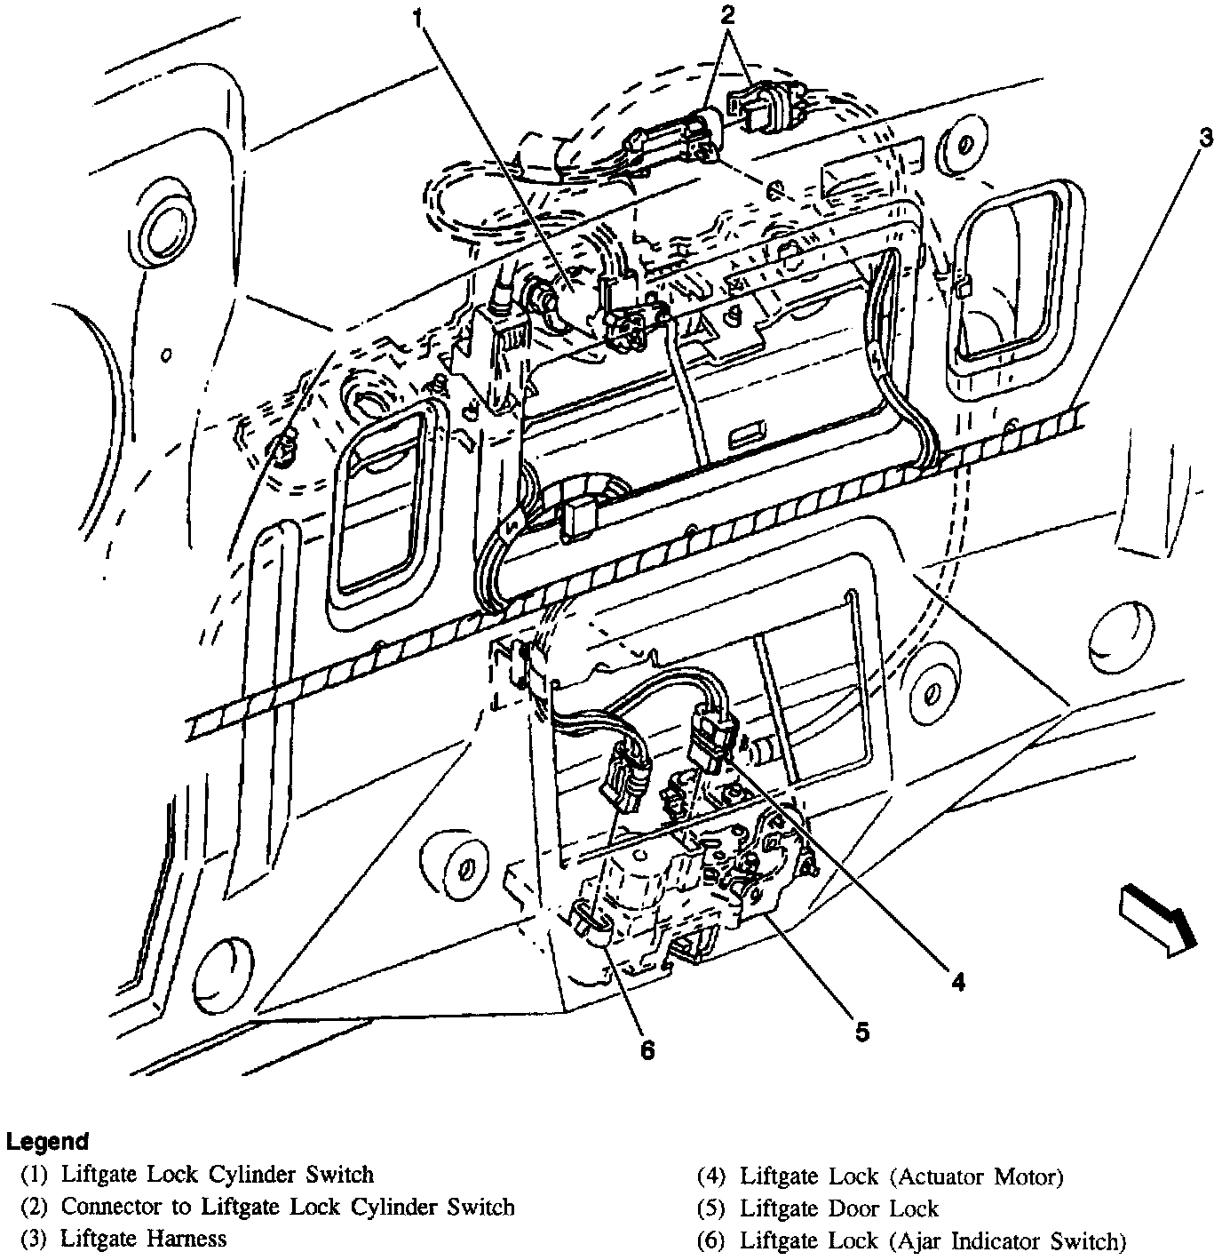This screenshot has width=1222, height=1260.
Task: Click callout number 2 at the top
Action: (x=728, y=15)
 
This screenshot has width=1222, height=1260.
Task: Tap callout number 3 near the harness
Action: (x=1204, y=138)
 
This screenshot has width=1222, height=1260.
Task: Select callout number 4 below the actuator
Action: (x=956, y=981)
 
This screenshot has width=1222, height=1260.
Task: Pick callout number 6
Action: (x=647, y=1050)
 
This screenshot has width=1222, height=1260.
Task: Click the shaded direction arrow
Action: (x=1157, y=918)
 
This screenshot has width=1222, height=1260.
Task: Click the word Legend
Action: (x=47, y=1142)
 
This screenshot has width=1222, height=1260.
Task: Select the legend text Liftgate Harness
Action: (x=143, y=1238)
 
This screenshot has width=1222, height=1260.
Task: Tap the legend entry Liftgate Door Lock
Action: (x=838, y=1208)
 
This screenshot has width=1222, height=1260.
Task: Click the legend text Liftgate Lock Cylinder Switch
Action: (x=217, y=1175)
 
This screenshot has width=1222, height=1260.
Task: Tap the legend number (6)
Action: (x=712, y=1240)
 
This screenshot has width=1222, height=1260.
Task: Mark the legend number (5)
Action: (x=712, y=1209)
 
